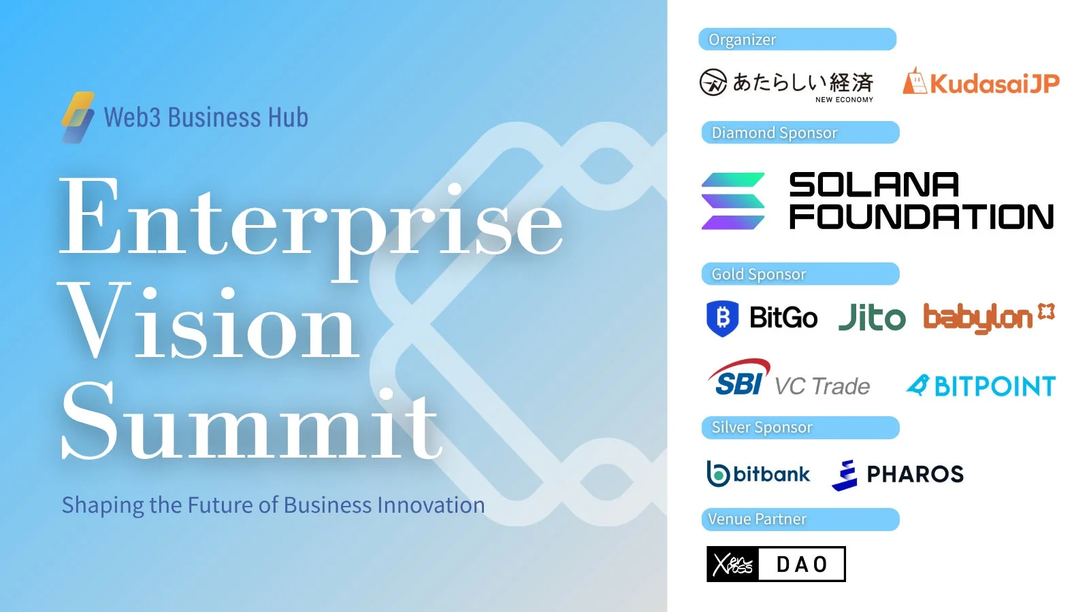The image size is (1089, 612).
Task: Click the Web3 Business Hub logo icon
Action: pyautogui.click(x=78, y=117)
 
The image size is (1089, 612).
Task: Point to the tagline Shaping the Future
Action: pyautogui.click(x=273, y=505)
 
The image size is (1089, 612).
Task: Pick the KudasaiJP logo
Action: pyautogui.click(x=981, y=83)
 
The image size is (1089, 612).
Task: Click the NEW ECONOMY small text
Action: pyautogui.click(x=844, y=99)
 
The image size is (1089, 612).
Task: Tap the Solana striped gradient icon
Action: pyautogui.click(x=733, y=201)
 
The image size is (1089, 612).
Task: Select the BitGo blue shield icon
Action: pyautogui.click(x=722, y=318)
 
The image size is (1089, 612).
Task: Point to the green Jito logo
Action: pyautogui.click(x=872, y=318)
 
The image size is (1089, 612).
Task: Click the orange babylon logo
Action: pyautogui.click(x=988, y=318)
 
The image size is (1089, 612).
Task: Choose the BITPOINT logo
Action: pyautogui.click(x=981, y=386)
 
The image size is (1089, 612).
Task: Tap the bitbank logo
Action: pyautogui.click(x=758, y=474)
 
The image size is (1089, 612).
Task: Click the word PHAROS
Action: pyautogui.click(x=915, y=474)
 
